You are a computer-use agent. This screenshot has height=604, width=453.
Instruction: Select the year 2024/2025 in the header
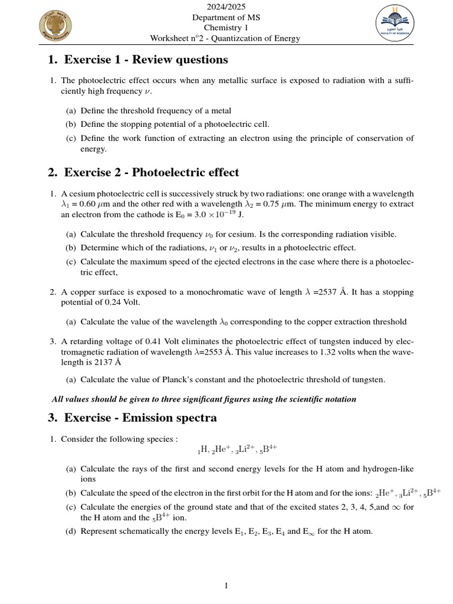[226, 7]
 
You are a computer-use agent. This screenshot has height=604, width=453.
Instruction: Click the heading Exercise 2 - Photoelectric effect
[143, 172]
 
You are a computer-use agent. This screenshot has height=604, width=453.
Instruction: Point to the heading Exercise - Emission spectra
[132, 418]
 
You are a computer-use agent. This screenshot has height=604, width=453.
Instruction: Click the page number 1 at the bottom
[226, 585]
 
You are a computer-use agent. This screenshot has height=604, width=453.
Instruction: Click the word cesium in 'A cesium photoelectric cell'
[80, 194]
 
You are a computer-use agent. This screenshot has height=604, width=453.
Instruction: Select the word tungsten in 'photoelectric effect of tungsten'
[332, 342]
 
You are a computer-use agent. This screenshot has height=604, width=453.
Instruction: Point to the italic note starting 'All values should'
[204, 399]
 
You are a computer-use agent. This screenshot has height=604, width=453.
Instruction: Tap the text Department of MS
[226, 18]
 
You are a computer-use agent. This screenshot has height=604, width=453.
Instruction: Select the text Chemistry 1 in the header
[226, 28]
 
